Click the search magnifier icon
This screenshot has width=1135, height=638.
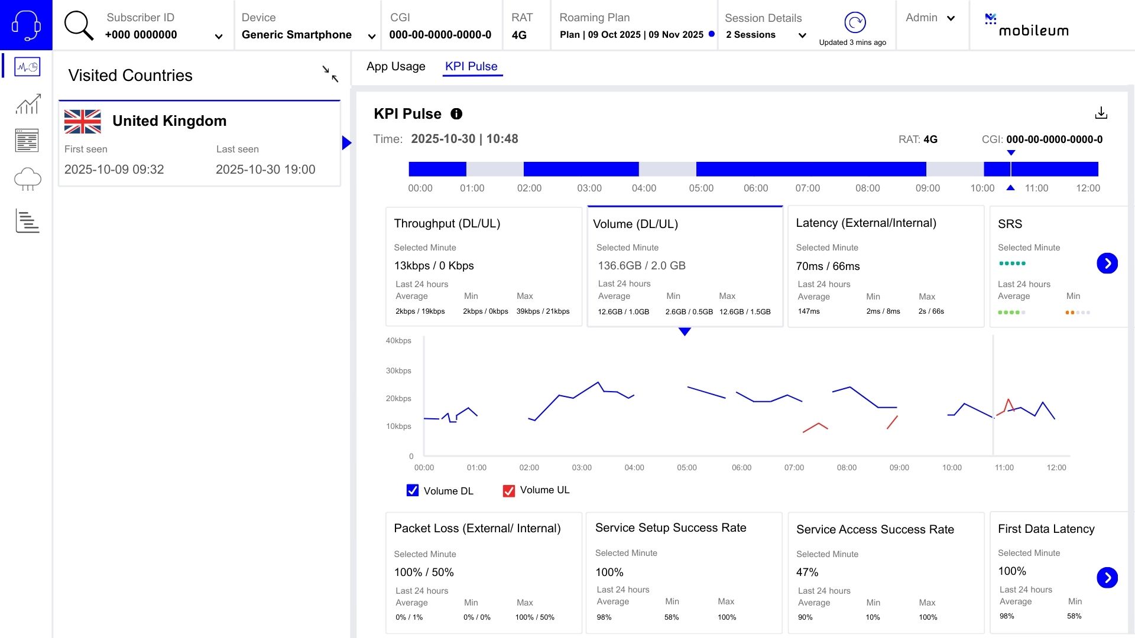79,26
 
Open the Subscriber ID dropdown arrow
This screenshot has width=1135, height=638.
219,37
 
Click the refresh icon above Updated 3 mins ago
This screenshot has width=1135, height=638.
855,22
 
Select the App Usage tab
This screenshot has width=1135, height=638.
395,66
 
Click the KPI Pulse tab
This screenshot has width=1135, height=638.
471,66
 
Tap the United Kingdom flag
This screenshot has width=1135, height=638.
83,122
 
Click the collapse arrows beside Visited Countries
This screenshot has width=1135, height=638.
330,74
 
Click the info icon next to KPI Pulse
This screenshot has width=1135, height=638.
456,113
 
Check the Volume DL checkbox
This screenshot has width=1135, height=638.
413,490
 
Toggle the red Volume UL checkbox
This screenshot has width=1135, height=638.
508,490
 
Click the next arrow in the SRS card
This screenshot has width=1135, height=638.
1107,263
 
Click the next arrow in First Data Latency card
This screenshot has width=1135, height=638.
1107,577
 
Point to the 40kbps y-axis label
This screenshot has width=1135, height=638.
398,341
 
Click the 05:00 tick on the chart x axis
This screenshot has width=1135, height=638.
687,467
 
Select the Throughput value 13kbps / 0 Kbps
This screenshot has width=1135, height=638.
434,266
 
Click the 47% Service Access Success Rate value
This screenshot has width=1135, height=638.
807,572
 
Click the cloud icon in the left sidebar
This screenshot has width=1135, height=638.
27,178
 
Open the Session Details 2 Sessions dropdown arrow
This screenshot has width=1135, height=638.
802,35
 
